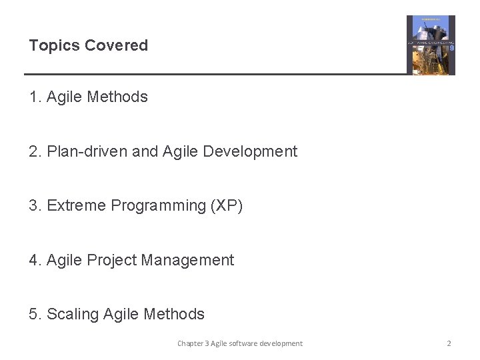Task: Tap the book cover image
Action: (431, 45)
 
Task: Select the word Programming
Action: (159, 206)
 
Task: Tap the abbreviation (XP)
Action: (227, 206)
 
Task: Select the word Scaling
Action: (73, 315)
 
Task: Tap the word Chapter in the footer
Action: (191, 344)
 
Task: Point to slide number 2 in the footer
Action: (449, 344)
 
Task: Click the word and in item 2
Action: (145, 152)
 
